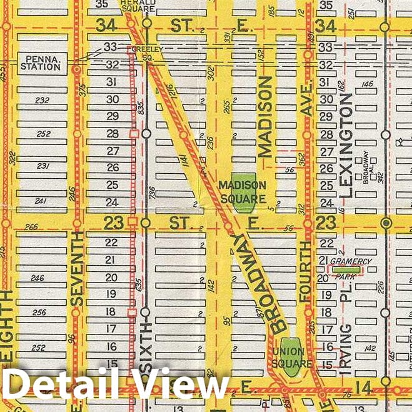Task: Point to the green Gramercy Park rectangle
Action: click(x=346, y=269)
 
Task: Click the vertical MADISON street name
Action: click(x=266, y=117)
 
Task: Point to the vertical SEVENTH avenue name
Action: click(x=77, y=269)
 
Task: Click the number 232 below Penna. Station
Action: click(x=43, y=100)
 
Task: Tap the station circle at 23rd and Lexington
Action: click(x=386, y=222)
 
